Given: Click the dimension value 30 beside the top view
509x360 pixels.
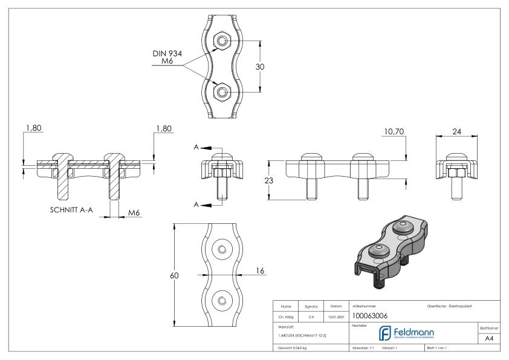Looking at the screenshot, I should [x=261, y=67].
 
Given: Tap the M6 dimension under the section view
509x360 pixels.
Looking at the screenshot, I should [x=135, y=212].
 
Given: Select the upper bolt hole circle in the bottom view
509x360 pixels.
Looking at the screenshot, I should [x=222, y=249].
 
